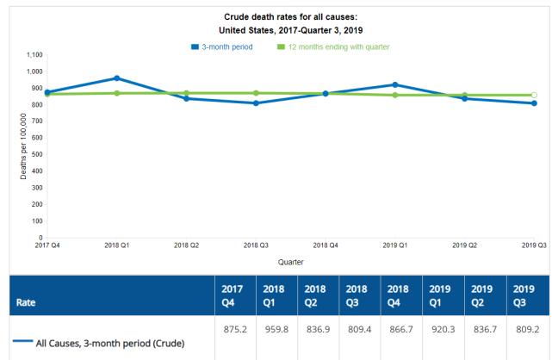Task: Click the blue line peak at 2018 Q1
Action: click(x=116, y=78)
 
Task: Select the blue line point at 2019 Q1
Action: click(x=394, y=84)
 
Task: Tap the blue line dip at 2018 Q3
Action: click(x=256, y=103)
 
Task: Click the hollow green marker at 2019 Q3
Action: click(x=534, y=95)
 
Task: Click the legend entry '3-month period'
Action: click(x=222, y=46)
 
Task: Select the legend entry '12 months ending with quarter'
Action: click(x=332, y=46)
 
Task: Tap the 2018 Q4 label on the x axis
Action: click(x=326, y=245)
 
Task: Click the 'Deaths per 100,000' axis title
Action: click(x=23, y=146)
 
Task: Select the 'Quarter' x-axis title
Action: click(x=290, y=261)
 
